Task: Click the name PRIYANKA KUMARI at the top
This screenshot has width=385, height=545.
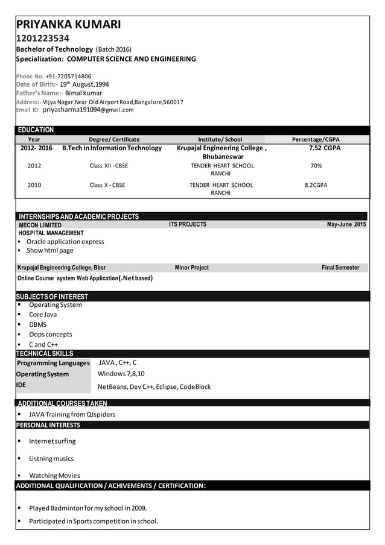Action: tap(68, 25)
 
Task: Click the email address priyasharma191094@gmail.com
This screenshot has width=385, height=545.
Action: tap(88, 110)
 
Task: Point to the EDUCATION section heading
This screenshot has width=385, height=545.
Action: tap(36, 130)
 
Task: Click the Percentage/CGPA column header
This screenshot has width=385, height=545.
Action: tap(316, 139)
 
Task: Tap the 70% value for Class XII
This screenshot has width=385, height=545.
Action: tap(316, 165)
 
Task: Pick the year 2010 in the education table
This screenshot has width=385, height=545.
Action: tap(34, 185)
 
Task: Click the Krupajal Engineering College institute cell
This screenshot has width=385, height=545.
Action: tap(221, 152)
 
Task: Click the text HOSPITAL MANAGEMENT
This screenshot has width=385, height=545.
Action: tap(51, 233)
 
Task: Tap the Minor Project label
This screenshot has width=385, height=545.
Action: tap(191, 268)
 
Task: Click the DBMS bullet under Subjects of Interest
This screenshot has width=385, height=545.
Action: tap(37, 324)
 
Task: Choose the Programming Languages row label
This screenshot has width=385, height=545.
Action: tap(53, 363)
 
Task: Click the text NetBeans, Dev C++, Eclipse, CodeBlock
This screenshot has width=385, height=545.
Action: tap(154, 386)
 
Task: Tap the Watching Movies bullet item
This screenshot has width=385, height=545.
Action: tap(54, 476)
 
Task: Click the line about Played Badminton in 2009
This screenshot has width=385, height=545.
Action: tap(87, 508)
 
